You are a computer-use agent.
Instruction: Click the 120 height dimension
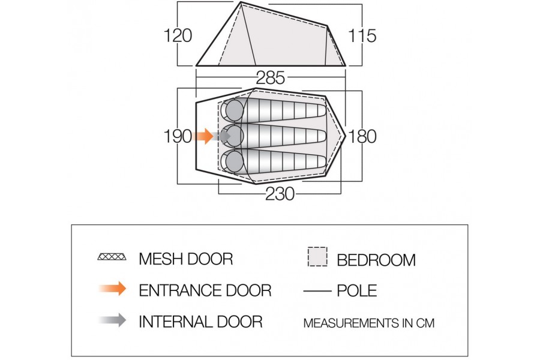[x=178, y=35]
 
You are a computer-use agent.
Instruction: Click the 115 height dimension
[x=362, y=35]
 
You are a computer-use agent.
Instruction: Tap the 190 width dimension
[x=178, y=136]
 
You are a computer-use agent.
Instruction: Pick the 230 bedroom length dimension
[x=280, y=195]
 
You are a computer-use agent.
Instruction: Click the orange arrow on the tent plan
[x=205, y=136]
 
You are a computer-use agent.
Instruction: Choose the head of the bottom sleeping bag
[x=232, y=161]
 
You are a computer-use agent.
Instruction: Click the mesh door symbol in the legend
[x=112, y=259]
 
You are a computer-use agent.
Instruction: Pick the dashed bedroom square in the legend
[x=317, y=257]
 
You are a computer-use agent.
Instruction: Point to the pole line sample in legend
[x=317, y=291]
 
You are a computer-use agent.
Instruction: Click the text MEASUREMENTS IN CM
[x=368, y=323]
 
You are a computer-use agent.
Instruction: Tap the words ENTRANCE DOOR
[x=205, y=290]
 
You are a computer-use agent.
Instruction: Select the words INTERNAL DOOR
[x=200, y=321]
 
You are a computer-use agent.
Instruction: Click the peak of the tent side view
[x=241, y=4]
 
